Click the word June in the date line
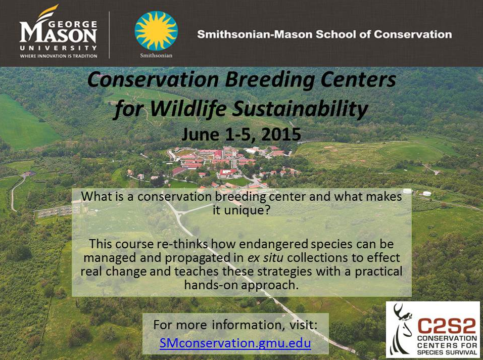(200, 134)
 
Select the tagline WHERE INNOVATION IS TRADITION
(58, 56)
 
